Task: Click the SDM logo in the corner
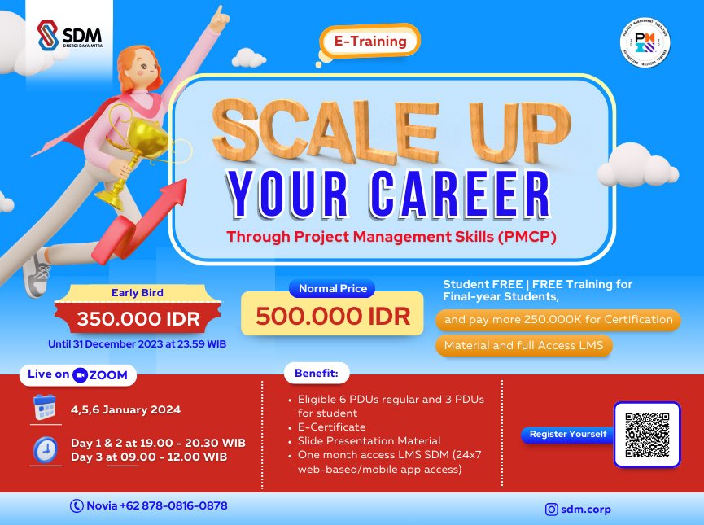[68, 35]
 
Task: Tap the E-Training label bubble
[370, 39]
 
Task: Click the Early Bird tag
[137, 293]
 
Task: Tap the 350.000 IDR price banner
[137, 318]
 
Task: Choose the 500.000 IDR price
[333, 316]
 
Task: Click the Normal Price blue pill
[333, 288]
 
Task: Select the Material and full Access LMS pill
[524, 346]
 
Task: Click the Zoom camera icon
[80, 375]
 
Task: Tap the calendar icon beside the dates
[45, 407]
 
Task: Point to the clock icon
[45, 449]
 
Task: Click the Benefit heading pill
[317, 374]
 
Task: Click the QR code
[646, 434]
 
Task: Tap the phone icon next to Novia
[77, 506]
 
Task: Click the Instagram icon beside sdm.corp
[552, 510]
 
